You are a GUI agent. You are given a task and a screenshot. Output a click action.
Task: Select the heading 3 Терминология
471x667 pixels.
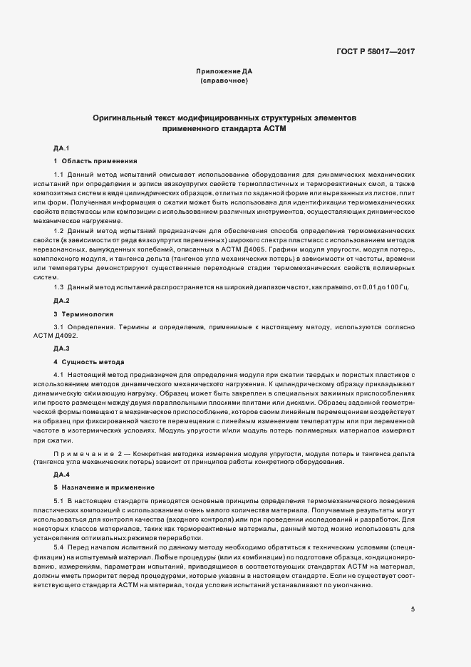[x=83, y=314]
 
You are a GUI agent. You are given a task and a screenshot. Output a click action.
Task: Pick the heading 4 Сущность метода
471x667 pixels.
[x=89, y=361]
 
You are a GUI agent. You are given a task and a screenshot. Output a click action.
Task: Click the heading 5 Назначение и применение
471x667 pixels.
[x=104, y=487]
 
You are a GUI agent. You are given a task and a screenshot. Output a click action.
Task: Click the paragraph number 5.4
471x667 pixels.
[x=59, y=547]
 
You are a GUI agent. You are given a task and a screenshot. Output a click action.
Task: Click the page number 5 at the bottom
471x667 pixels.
[x=413, y=609]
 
